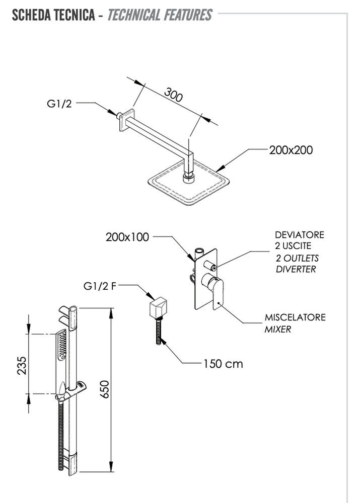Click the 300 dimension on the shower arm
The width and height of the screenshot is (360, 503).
click(x=173, y=95)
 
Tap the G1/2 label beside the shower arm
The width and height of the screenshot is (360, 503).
click(x=59, y=104)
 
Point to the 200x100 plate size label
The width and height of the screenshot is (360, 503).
click(x=127, y=237)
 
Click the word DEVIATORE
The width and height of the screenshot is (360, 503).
click(x=300, y=235)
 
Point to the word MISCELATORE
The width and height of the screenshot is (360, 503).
click(x=295, y=318)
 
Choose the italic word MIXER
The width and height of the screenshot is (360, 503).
click(x=278, y=329)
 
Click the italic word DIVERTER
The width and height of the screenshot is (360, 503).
click(x=296, y=269)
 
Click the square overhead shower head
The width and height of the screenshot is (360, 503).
click(x=185, y=186)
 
